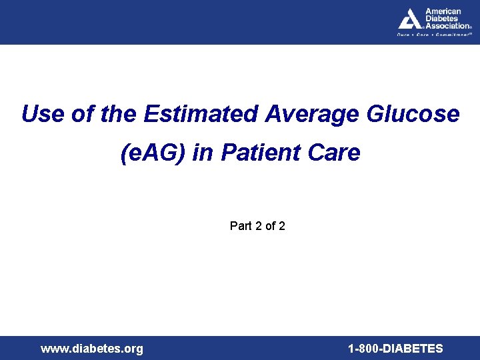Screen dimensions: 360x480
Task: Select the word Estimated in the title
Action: click(x=200, y=114)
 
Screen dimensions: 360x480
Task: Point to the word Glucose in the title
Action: click(x=413, y=114)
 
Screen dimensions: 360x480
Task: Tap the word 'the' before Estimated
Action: click(x=119, y=114)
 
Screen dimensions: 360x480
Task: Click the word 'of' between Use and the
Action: click(x=83, y=114)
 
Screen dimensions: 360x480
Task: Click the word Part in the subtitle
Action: click(x=241, y=226)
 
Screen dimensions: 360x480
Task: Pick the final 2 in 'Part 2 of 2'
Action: click(x=282, y=226)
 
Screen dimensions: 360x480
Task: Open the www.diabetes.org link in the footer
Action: click(x=92, y=349)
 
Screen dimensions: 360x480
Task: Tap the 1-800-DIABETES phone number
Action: click(x=395, y=349)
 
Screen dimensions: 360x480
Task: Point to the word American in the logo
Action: click(x=443, y=12)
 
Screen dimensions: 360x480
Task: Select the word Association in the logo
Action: click(x=446, y=26)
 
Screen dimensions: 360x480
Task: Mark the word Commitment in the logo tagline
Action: click(x=453, y=35)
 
